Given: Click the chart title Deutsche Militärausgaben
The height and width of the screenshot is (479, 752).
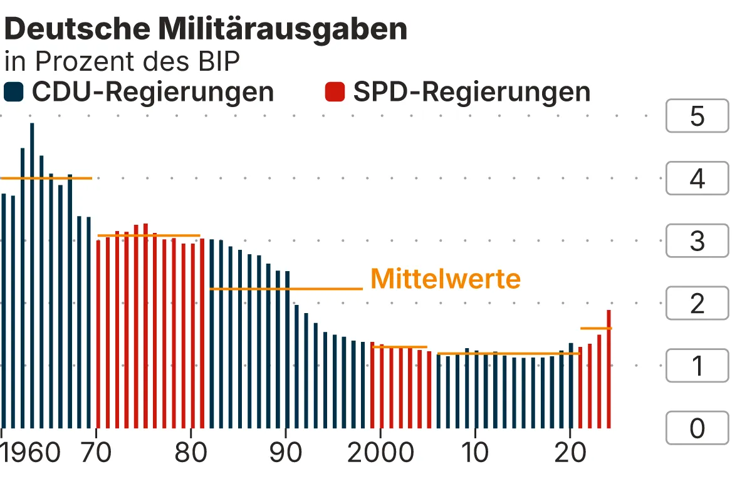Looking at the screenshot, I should click(x=206, y=29).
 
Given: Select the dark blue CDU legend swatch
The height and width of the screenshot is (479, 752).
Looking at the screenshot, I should click(x=13, y=92).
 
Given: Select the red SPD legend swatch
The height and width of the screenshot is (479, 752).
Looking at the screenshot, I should click(x=335, y=92).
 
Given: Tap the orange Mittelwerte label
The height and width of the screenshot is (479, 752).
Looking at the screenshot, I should click(x=446, y=279).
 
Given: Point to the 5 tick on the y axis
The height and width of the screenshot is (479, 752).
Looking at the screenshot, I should click(x=697, y=116).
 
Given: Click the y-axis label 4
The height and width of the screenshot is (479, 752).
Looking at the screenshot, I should click(x=697, y=179).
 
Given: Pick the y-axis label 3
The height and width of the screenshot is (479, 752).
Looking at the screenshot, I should click(x=697, y=241).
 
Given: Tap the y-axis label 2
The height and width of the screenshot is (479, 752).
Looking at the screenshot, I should click(x=697, y=304).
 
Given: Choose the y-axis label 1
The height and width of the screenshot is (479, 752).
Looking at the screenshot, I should click(x=697, y=366).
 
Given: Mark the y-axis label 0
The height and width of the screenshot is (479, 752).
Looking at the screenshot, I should click(x=697, y=428).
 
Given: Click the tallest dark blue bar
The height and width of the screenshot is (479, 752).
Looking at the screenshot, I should click(x=32, y=276).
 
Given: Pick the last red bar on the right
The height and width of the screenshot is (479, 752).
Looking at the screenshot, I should click(x=608, y=369).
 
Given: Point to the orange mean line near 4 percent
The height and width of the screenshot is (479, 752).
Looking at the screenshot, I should click(x=46, y=178).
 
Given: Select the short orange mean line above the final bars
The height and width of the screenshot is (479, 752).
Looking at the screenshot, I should click(x=595, y=328).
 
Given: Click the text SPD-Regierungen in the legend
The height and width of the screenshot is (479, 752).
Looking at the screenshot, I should click(x=471, y=92).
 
